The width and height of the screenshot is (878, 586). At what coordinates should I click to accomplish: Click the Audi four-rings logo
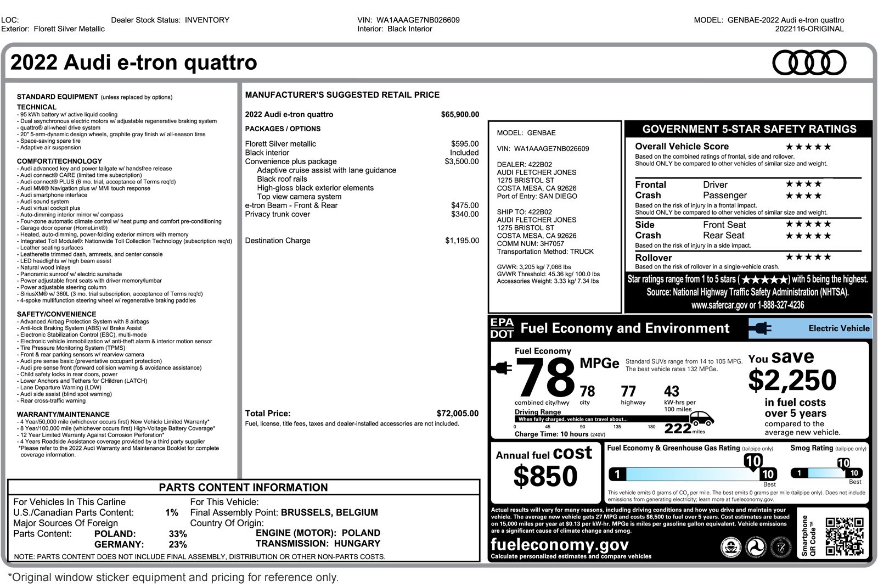coord(809,63)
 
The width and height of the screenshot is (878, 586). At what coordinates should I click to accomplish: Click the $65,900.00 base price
coord(459,115)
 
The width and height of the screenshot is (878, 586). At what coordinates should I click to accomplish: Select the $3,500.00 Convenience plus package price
coord(461,161)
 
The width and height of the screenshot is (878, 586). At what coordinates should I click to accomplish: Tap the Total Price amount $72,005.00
coord(457,414)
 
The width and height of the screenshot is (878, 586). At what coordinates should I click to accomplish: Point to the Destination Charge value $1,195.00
coord(461,241)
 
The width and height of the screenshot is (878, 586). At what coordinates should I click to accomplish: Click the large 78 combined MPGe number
coord(544,378)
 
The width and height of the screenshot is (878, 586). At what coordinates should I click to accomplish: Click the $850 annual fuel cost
coord(545,476)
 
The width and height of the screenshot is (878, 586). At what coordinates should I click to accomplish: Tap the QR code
coord(845,537)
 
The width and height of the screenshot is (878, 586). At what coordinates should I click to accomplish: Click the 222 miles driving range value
coord(678,429)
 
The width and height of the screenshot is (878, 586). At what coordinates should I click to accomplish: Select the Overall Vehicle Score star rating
coord(808,147)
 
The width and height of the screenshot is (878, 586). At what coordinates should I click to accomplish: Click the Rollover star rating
coord(808,257)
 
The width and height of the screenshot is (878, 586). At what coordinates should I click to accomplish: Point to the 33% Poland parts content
coord(177,534)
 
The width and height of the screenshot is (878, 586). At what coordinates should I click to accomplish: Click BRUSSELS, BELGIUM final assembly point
coord(329,512)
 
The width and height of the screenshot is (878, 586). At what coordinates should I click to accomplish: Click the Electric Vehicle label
coord(838,328)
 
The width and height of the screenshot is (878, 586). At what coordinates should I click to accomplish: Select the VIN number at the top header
coord(418,20)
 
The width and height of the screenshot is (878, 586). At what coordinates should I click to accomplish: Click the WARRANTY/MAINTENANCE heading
coord(63,414)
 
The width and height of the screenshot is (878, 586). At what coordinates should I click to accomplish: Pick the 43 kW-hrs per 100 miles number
coord(671,392)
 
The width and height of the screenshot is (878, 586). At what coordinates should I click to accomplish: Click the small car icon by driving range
coord(701,418)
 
